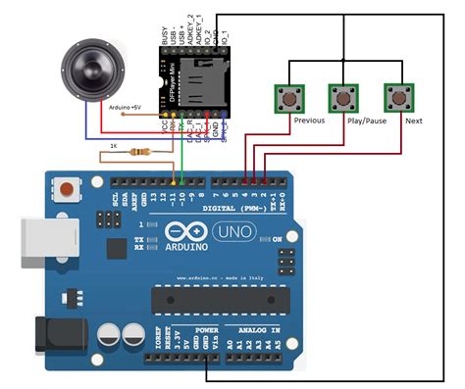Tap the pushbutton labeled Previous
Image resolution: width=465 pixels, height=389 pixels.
[x=288, y=98]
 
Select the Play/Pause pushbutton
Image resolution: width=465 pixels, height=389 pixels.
[x=341, y=98]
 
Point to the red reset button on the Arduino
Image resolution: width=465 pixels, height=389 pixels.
[x=67, y=188]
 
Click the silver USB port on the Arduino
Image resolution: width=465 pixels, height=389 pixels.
[x=40, y=240]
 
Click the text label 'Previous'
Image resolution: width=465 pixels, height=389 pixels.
[x=308, y=121]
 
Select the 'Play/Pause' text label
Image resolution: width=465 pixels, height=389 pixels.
[x=365, y=122]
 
